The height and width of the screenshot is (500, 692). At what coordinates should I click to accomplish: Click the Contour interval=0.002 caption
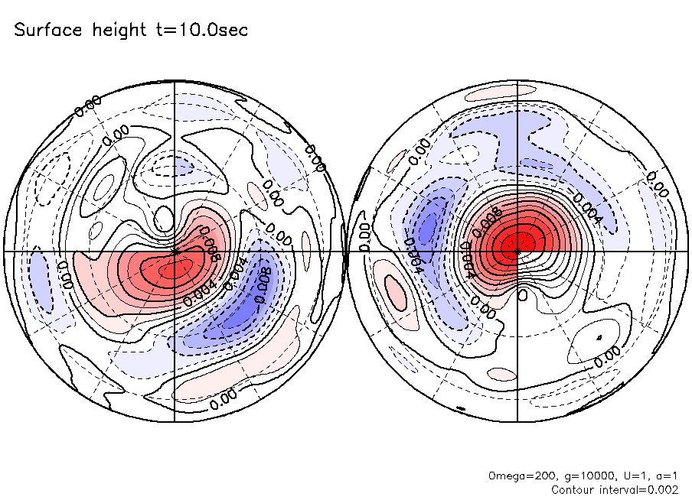pos(615,489)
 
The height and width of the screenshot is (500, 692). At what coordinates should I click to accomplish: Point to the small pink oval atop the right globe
pos(496,93)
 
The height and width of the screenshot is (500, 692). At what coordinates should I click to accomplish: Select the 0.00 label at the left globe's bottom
pos(223,395)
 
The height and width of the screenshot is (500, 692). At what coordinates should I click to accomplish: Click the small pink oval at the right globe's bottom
pos(502,374)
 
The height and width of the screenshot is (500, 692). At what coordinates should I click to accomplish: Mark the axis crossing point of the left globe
pos(175,251)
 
